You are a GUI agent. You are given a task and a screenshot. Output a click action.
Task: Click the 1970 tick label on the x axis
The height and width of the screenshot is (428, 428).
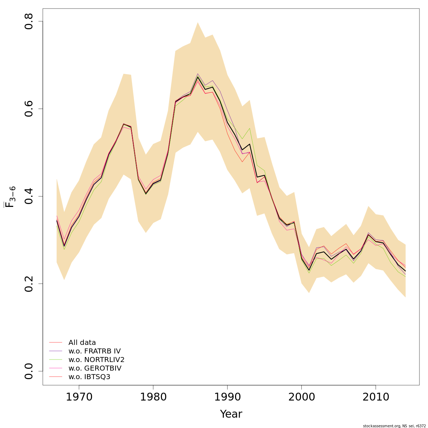(79, 397)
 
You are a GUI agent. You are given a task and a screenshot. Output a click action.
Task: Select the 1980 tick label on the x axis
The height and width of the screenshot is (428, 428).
(153, 397)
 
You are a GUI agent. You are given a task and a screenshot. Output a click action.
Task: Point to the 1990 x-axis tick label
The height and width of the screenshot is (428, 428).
(227, 397)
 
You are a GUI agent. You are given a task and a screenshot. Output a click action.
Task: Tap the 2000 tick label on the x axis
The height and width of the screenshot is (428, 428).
(301, 397)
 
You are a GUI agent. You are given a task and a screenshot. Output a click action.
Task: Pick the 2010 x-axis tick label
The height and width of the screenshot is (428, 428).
(376, 397)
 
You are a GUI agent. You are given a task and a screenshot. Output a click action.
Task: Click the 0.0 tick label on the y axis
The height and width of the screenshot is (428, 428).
(29, 371)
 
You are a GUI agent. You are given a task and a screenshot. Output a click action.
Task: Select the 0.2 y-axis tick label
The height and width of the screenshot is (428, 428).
(29, 284)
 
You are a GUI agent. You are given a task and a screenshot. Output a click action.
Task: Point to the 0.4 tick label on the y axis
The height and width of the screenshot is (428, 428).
(29, 196)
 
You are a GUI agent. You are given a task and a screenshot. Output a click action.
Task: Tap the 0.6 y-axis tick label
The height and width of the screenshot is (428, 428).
(29, 109)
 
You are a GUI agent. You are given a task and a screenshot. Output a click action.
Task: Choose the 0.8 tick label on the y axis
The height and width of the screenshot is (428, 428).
(29, 21)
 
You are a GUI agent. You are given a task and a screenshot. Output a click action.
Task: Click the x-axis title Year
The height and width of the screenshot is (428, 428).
(231, 414)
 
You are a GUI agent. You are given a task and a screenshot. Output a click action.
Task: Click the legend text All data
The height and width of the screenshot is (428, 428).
(82, 343)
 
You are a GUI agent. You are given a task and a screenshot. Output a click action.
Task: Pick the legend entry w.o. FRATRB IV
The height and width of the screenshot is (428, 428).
(95, 351)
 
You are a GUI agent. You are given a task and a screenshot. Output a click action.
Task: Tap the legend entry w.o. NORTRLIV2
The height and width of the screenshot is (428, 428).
(96, 360)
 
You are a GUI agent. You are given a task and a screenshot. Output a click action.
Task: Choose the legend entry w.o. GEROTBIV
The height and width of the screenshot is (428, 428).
(95, 368)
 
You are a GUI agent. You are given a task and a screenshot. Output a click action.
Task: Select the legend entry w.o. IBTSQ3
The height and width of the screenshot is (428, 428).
(89, 377)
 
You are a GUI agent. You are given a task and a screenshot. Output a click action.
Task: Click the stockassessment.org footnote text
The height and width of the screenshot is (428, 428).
(394, 426)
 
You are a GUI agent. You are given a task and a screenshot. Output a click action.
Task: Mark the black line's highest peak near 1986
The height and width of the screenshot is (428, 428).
(198, 77)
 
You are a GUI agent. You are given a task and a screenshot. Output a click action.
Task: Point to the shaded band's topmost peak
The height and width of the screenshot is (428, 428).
(198, 22)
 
